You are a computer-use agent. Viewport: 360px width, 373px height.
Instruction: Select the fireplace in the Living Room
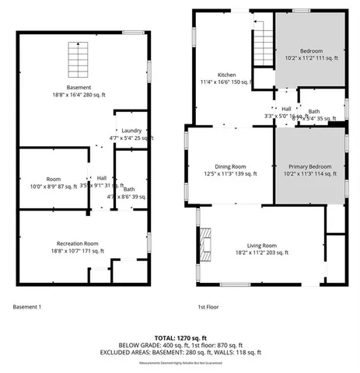pos(205,242)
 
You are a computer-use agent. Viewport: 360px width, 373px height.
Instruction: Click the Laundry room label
pos(131,131)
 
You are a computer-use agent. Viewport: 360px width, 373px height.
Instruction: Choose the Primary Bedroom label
pos(309,167)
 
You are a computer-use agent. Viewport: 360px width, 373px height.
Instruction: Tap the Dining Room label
pos(230,166)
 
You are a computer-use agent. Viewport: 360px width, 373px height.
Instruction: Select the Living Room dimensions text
pos(261,252)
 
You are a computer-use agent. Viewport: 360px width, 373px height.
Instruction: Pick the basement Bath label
pos(129,189)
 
